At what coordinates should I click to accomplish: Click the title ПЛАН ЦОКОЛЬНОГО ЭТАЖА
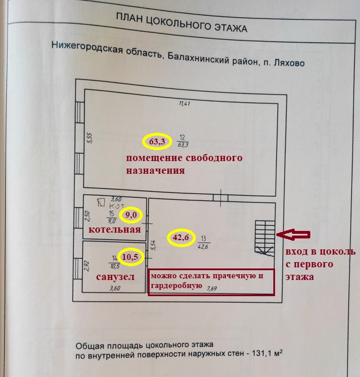(x=181, y=27)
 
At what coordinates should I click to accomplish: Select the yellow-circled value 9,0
(x=132, y=215)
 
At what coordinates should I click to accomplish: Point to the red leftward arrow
(x=293, y=234)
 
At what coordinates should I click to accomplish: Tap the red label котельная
(x=114, y=230)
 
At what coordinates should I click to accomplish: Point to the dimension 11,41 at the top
(x=184, y=104)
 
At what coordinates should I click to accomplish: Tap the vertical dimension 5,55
(x=90, y=139)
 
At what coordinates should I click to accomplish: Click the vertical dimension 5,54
(x=153, y=245)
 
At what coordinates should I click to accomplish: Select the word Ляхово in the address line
(x=286, y=61)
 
